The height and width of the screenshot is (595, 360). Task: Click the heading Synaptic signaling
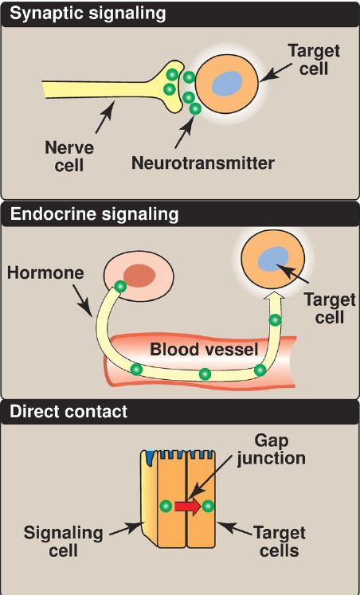88,14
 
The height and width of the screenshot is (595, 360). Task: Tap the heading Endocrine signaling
94,214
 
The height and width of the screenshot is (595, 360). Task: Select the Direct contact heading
68,412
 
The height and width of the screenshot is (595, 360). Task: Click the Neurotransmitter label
202,163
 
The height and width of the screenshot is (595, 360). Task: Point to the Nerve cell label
69,155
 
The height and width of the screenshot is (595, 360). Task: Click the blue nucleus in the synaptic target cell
227,84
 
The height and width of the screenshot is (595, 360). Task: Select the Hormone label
45,273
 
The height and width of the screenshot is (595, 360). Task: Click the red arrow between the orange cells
188,507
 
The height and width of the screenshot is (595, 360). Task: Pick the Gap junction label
272,450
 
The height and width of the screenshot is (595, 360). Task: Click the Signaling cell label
63,541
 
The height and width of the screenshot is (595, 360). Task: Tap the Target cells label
280,541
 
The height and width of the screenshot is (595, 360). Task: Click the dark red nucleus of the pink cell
139,276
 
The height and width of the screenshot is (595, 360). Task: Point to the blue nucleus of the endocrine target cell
272,259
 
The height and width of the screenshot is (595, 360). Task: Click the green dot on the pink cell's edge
120,286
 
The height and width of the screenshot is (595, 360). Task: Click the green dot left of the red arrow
166,506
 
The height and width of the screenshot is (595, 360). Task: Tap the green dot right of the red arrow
208,506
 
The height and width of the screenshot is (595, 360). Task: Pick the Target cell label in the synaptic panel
314,60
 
